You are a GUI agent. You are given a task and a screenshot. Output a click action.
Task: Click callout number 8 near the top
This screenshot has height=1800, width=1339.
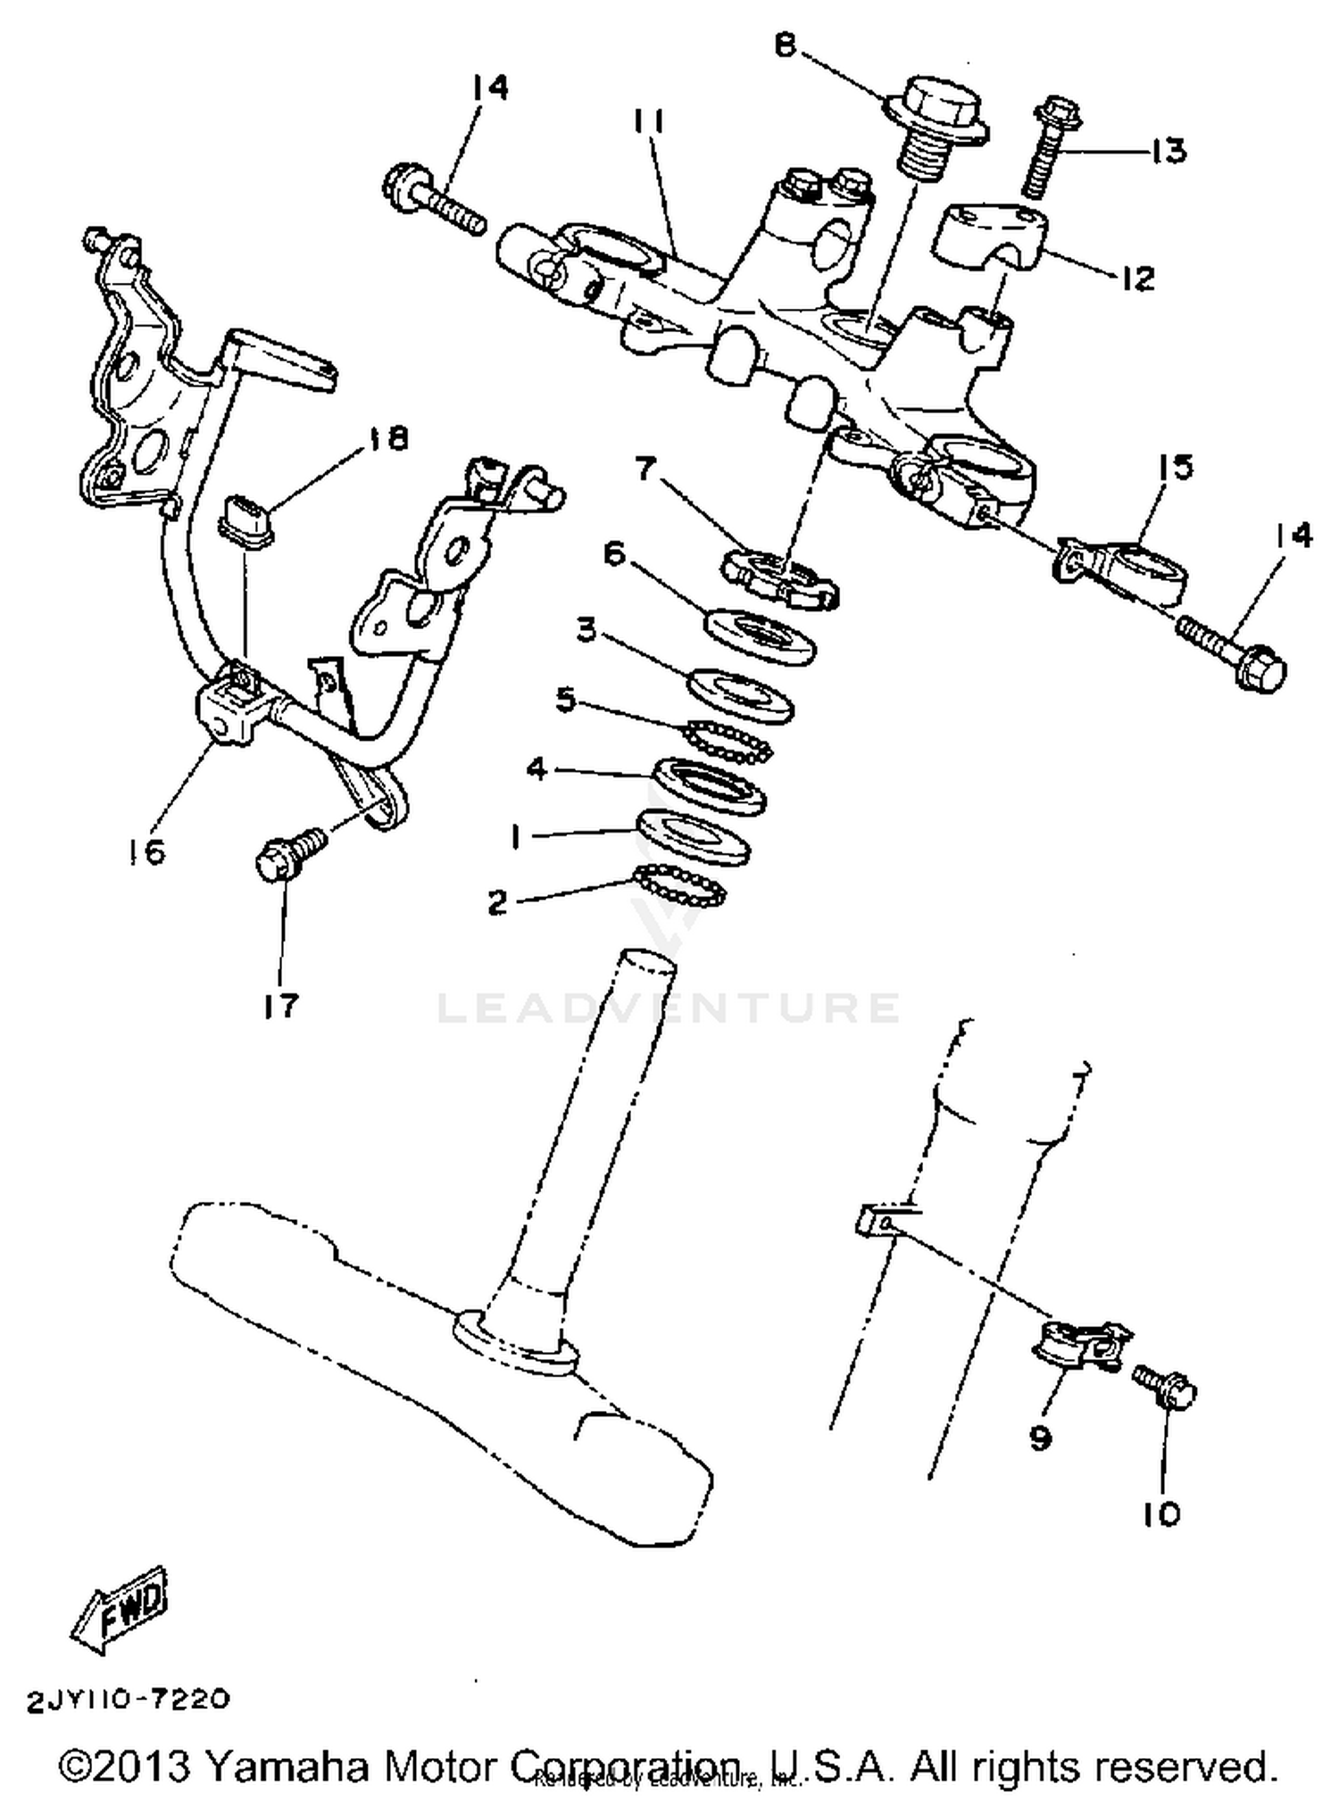[x=785, y=44]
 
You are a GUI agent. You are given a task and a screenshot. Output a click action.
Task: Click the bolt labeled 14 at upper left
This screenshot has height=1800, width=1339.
[x=435, y=200]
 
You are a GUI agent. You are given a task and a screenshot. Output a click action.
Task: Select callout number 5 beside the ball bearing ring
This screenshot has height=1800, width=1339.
[x=565, y=699]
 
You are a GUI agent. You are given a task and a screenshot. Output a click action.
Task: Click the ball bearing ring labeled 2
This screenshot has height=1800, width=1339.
[x=681, y=883]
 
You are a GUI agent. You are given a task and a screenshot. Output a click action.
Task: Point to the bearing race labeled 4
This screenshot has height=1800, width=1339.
[x=710, y=784]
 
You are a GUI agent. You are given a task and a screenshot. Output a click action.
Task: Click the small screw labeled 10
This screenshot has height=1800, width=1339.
[x=1166, y=1389]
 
